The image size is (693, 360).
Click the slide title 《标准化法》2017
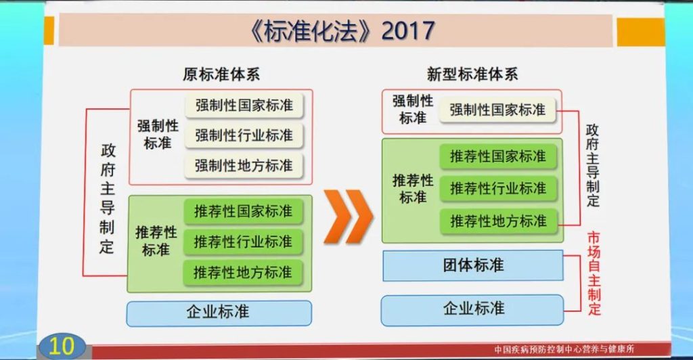(x=342, y=31)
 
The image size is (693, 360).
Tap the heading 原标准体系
(x=221, y=74)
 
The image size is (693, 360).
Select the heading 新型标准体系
(x=472, y=74)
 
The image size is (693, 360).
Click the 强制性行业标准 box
(x=244, y=135)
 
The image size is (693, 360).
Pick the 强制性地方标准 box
(x=244, y=166)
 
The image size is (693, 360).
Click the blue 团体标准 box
(x=473, y=265)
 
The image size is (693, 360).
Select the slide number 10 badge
(x=62, y=346)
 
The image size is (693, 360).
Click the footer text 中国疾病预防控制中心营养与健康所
(x=564, y=349)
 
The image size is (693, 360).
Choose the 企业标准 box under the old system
(x=219, y=313)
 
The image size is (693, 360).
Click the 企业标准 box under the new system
(x=472, y=309)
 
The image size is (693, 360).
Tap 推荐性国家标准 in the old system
(x=243, y=211)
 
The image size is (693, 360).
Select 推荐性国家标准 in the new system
(x=498, y=156)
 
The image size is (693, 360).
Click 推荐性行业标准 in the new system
(x=498, y=189)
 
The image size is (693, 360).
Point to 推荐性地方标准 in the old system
(x=243, y=273)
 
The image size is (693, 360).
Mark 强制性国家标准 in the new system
(x=497, y=110)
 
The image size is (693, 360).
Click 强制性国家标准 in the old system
(x=244, y=105)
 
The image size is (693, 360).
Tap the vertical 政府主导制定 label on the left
(x=107, y=198)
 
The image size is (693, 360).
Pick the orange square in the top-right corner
(x=640, y=32)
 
